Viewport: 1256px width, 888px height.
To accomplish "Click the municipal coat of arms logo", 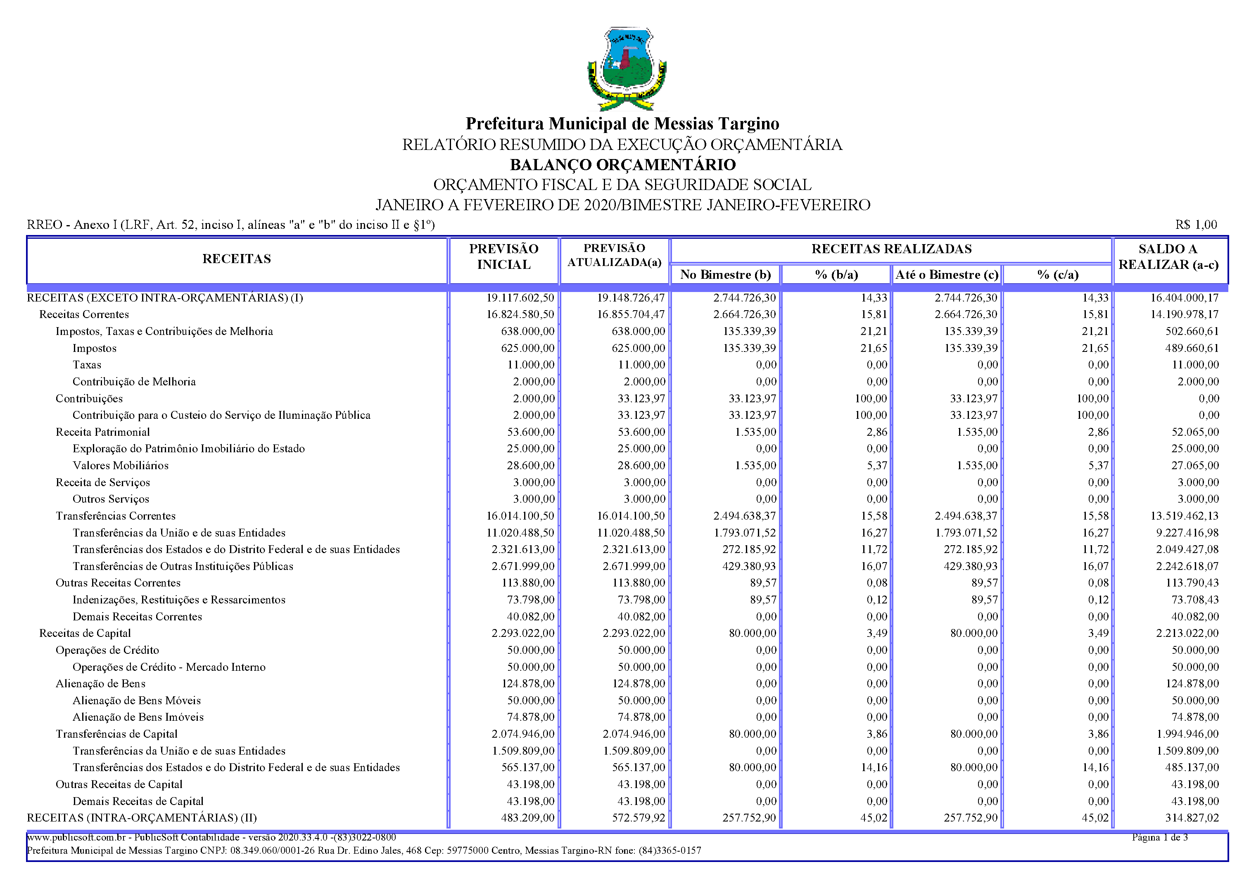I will [x=627, y=69].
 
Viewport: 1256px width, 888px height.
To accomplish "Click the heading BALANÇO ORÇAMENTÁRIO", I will [x=622, y=165].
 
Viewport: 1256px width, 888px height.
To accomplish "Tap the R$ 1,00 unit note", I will [x=1196, y=225].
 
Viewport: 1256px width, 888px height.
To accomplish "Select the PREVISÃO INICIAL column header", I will [x=503, y=256].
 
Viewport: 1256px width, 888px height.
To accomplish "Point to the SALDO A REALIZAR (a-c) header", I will [x=1168, y=256].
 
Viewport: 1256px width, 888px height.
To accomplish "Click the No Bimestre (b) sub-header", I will [x=725, y=275].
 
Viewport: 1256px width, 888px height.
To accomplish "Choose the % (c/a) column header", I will [x=1057, y=275].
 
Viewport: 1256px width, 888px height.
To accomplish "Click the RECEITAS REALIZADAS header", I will [x=891, y=249].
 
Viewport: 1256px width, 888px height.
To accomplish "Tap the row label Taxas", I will [x=87, y=365].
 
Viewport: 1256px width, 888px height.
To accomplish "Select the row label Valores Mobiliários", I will [x=120, y=465].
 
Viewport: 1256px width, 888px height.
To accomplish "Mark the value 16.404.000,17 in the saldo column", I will [x=1184, y=298].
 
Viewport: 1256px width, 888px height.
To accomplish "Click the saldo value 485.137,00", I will [x=1192, y=768].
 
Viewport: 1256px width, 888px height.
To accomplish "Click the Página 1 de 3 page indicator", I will [x=1160, y=837].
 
